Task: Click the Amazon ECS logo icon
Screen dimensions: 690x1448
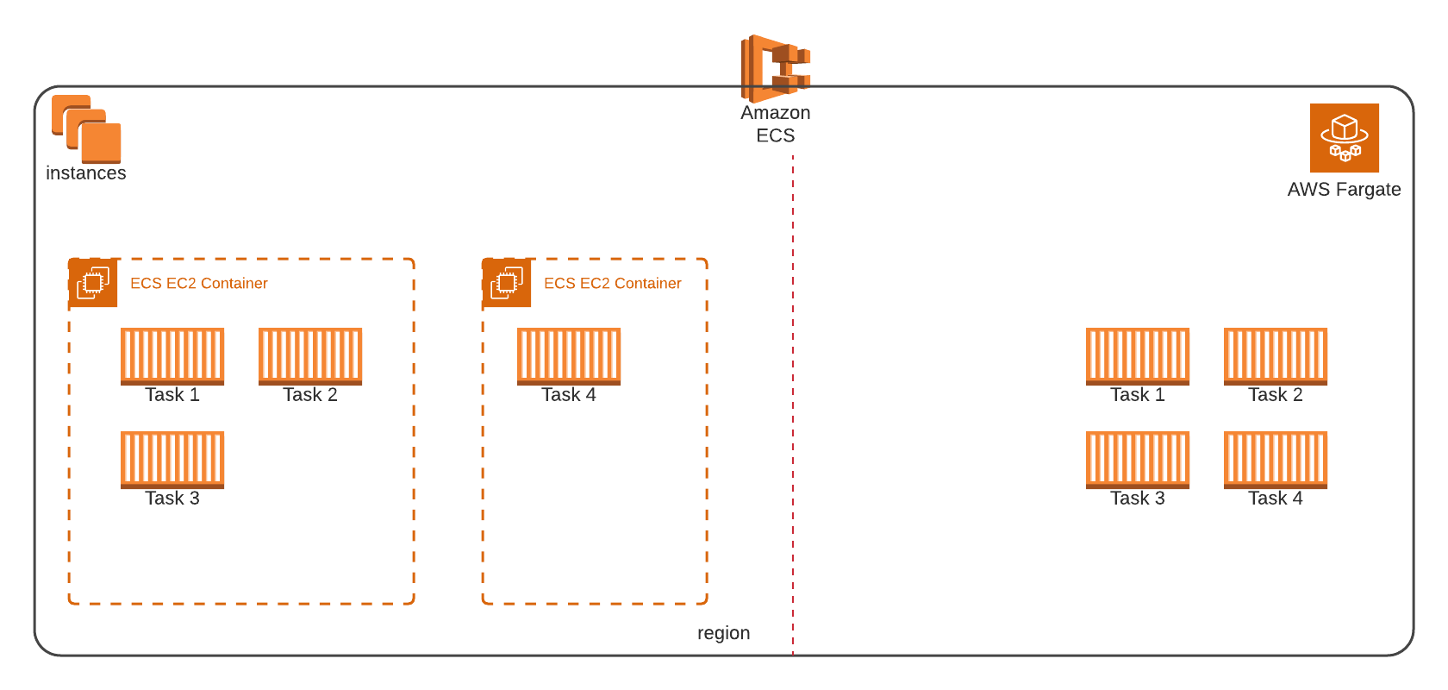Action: (x=775, y=68)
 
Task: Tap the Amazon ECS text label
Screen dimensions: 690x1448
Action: (x=775, y=124)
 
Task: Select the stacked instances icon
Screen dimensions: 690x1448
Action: (x=86, y=129)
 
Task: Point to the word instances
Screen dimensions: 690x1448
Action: (x=86, y=173)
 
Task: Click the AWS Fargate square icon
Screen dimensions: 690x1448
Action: (x=1344, y=138)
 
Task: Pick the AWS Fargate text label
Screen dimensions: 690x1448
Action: (x=1344, y=190)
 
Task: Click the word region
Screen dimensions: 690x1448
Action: (x=723, y=633)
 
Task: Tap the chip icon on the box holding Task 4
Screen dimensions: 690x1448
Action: (x=507, y=283)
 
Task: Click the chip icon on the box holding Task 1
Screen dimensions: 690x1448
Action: (x=93, y=283)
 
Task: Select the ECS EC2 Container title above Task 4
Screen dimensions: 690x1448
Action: (x=612, y=283)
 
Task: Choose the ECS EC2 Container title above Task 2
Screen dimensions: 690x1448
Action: (x=198, y=283)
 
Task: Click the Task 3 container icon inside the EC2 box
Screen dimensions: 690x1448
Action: (x=172, y=459)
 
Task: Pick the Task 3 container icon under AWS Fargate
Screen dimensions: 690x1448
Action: (x=1138, y=459)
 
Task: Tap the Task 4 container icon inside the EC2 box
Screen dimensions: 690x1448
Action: (x=569, y=355)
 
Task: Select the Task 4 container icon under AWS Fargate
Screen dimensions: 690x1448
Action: (x=1276, y=459)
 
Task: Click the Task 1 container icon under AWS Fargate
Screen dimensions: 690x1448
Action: (x=1138, y=355)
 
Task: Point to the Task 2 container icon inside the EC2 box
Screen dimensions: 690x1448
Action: (x=310, y=355)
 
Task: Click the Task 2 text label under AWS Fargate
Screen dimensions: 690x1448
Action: (x=1276, y=395)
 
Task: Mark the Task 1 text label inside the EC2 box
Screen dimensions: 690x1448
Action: (x=172, y=395)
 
